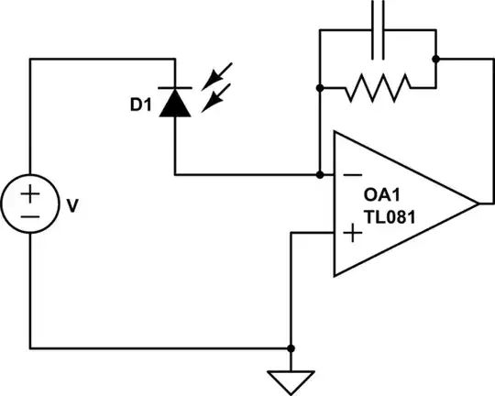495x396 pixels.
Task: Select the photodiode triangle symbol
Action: [174, 104]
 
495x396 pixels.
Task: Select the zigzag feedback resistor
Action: [376, 89]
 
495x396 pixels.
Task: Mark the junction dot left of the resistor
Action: [320, 89]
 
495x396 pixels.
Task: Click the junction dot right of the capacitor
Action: [435, 59]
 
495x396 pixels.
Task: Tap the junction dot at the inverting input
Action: [320, 174]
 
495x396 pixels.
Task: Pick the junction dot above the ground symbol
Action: [291, 349]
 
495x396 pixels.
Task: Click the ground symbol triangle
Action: [291, 379]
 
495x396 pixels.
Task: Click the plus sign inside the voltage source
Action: [30, 193]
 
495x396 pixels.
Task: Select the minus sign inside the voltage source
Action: [30, 217]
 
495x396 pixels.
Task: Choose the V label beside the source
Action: [73, 206]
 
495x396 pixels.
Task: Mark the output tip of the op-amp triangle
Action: [478, 203]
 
